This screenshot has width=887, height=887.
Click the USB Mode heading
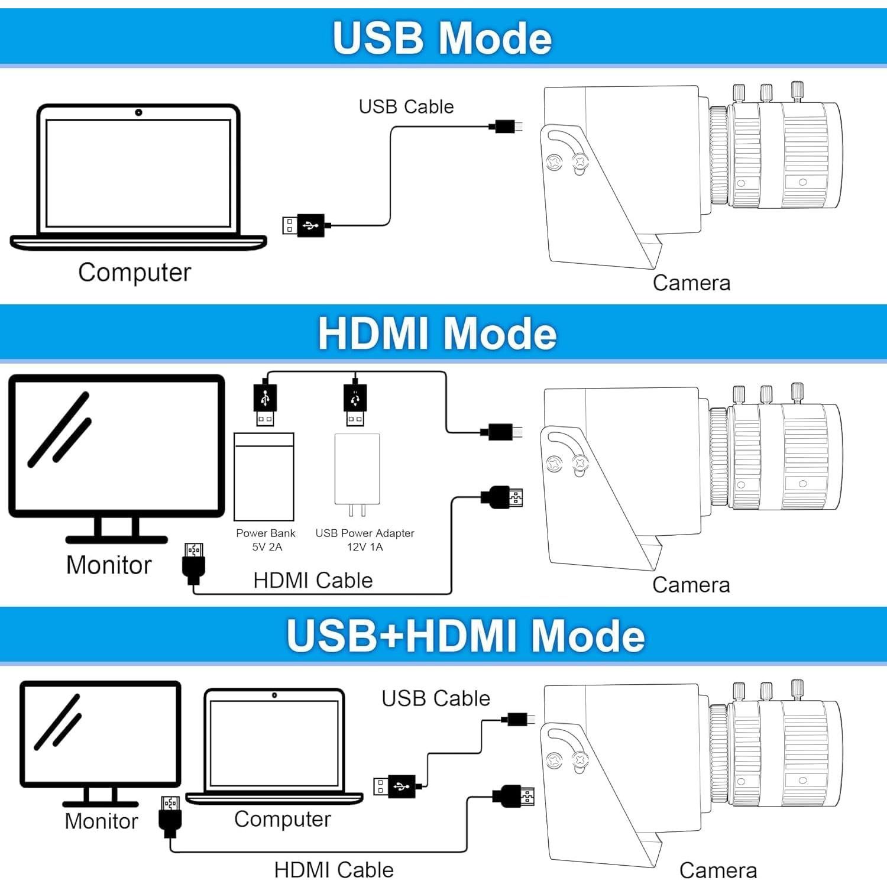442,38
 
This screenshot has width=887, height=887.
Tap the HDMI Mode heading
437,334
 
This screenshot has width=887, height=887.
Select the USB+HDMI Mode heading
465,635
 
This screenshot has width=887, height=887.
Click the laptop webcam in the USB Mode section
138,112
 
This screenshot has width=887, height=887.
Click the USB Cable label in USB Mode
406,106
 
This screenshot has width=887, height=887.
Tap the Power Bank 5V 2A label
266,539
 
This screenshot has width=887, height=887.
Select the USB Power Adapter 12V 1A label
365,539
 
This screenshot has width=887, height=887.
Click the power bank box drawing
264,477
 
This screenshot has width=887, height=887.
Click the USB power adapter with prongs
357,473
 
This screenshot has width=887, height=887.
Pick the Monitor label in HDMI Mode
109,565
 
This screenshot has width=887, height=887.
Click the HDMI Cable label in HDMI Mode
313,580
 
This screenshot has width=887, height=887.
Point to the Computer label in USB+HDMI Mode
282,819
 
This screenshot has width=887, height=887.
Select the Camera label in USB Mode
691,283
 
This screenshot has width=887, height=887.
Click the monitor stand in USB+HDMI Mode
101,797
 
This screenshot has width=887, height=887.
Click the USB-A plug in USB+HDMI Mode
396,786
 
